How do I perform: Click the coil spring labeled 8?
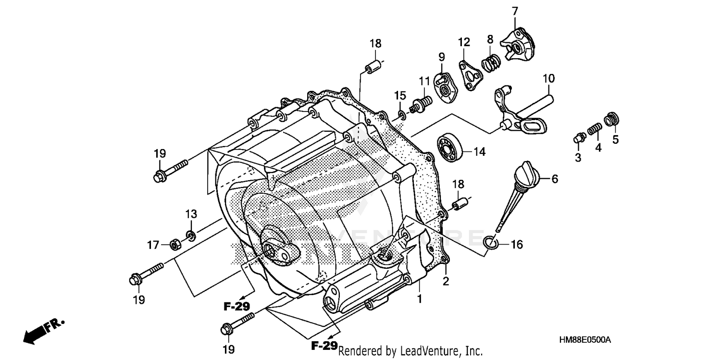coord(491,63)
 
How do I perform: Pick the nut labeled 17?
coord(175,245)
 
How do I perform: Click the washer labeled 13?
coord(192,236)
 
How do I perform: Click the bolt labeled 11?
coord(422,102)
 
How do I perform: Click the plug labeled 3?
coord(579,139)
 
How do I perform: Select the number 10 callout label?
coord(548,78)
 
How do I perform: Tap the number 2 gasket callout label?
coord(446,282)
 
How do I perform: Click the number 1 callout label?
coord(419,299)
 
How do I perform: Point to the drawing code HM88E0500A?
coord(584,340)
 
